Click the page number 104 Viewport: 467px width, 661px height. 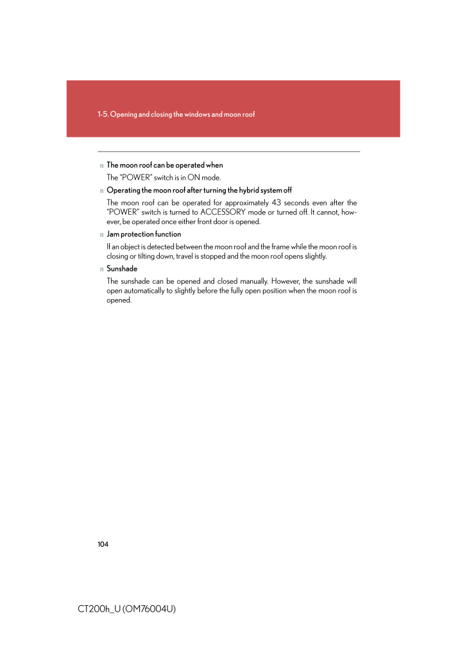coord(103,544)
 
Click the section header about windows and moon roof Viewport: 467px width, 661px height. coord(176,114)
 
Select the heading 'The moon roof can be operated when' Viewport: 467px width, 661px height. coord(165,165)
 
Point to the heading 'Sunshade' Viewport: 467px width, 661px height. coord(122,269)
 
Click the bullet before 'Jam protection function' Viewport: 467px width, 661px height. coord(101,235)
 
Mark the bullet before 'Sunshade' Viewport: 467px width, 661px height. coord(101,270)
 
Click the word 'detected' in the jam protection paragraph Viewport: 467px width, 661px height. coord(159,246)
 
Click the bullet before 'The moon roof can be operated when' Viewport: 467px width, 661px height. coord(101,166)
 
